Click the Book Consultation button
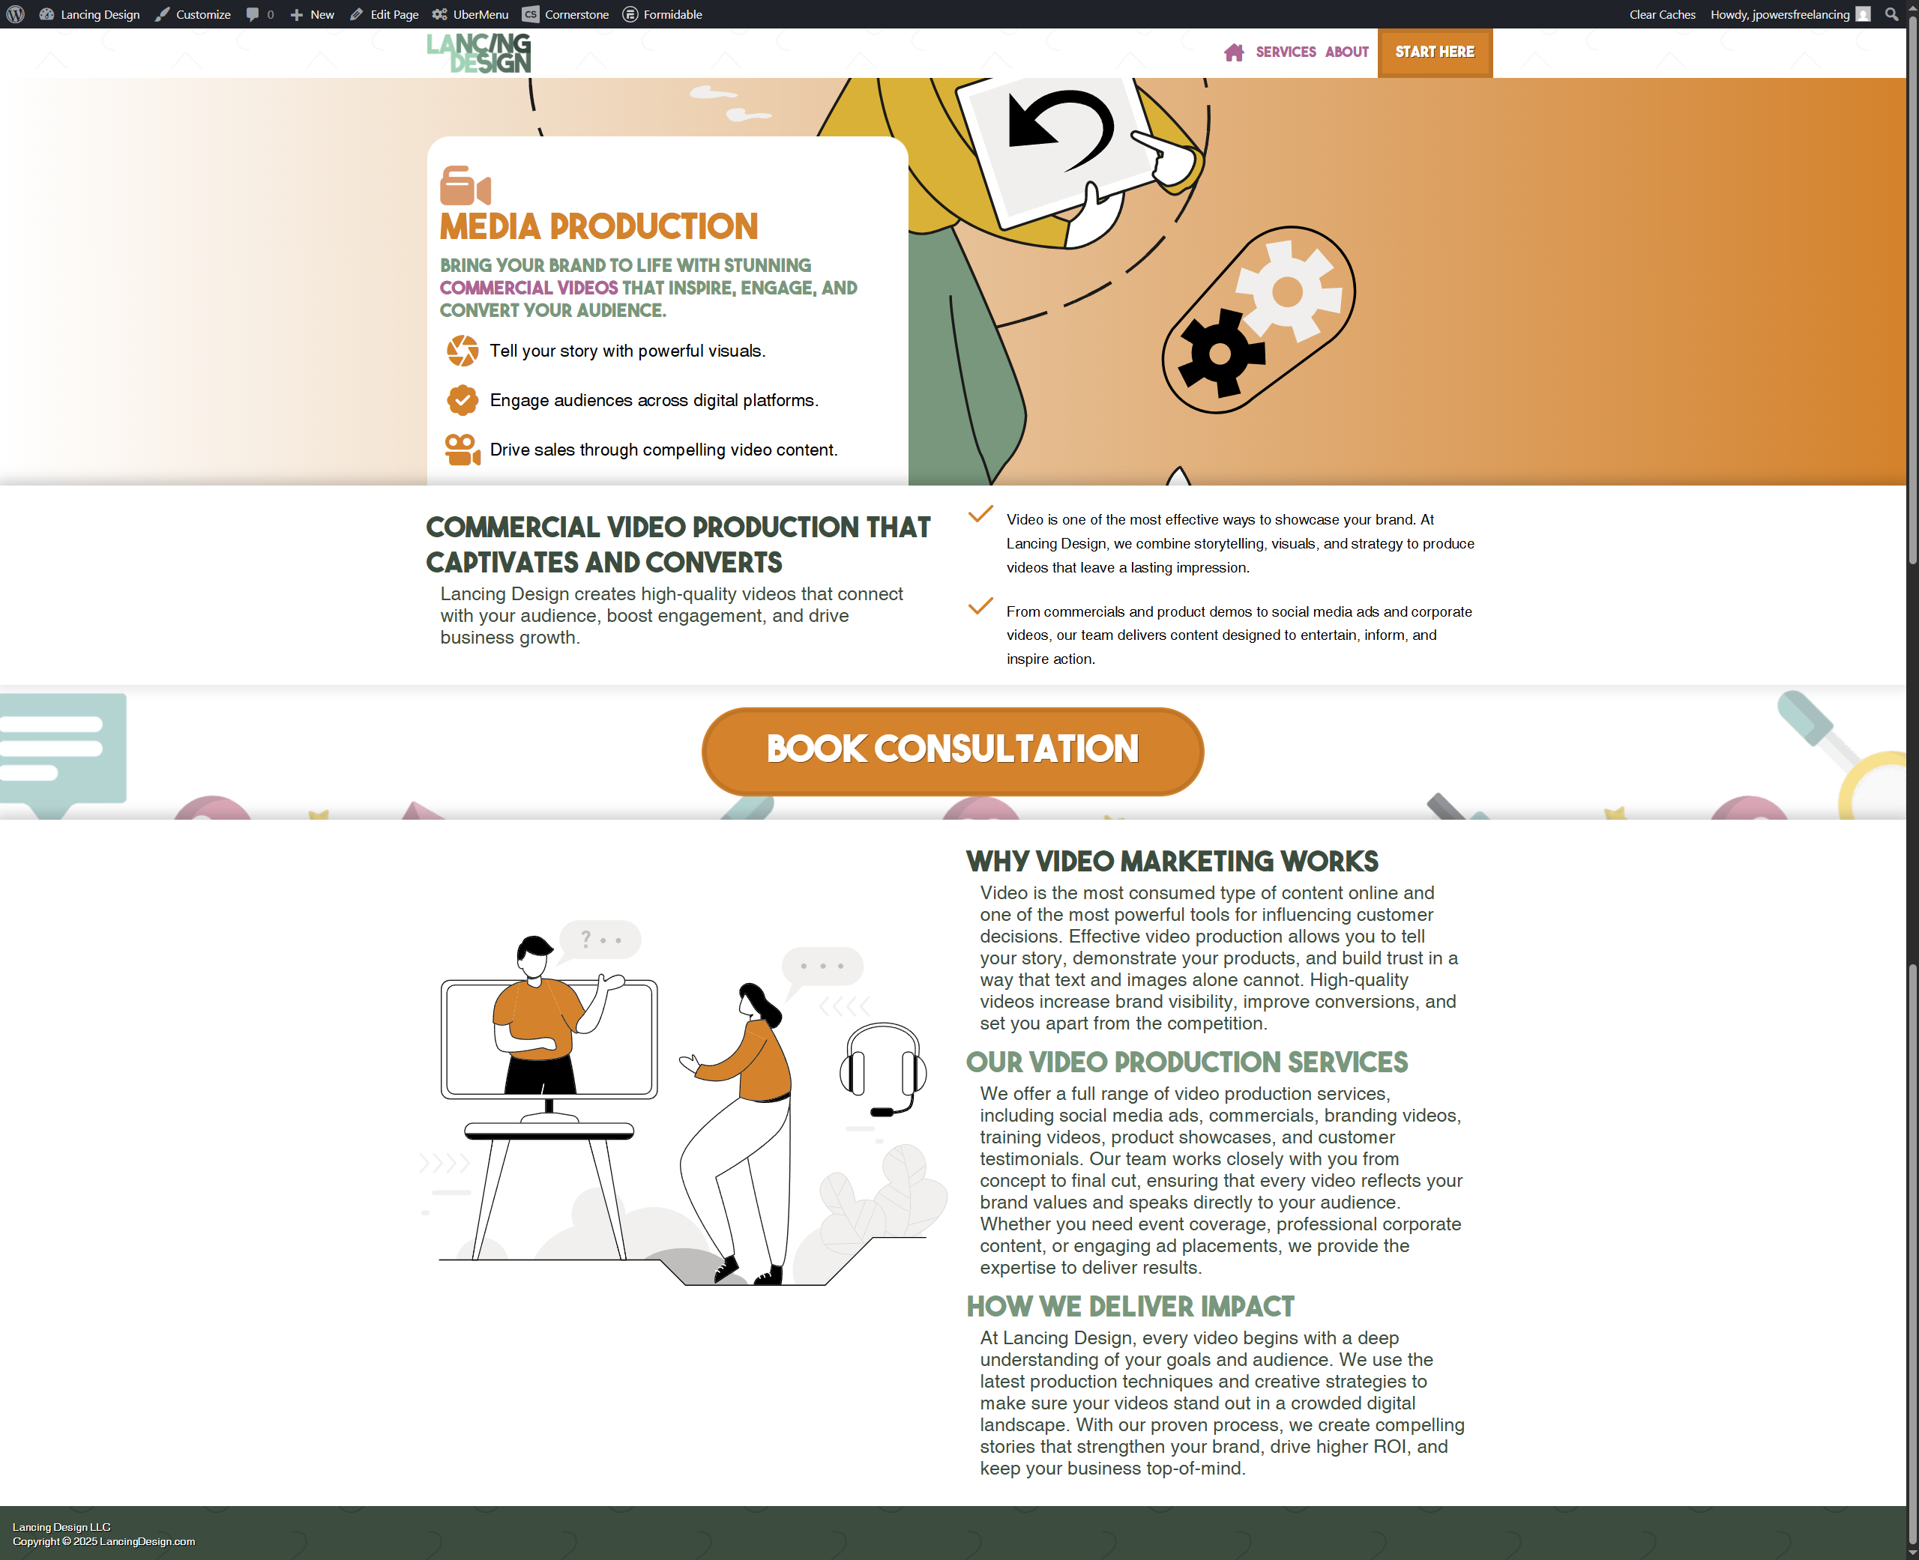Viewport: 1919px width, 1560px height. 952,750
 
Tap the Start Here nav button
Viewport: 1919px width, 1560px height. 1435,52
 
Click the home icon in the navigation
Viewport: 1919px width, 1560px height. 1233,52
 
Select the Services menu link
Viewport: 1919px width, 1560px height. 1286,52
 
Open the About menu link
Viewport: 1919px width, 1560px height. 1346,52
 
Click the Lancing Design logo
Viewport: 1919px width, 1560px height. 478,53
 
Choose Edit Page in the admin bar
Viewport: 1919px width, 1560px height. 384,14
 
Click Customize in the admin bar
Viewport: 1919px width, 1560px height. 193,14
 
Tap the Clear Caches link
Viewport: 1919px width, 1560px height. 1662,14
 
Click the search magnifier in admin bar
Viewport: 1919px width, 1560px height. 1891,14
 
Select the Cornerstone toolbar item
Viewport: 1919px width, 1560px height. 565,14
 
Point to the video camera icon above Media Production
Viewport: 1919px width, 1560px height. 465,186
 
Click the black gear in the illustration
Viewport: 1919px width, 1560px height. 1220,353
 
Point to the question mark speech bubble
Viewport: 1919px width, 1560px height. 600,940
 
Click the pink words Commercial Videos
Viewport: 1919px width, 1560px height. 528,288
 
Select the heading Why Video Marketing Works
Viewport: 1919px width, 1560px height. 1172,862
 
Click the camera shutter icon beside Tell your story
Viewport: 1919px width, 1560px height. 463,351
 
